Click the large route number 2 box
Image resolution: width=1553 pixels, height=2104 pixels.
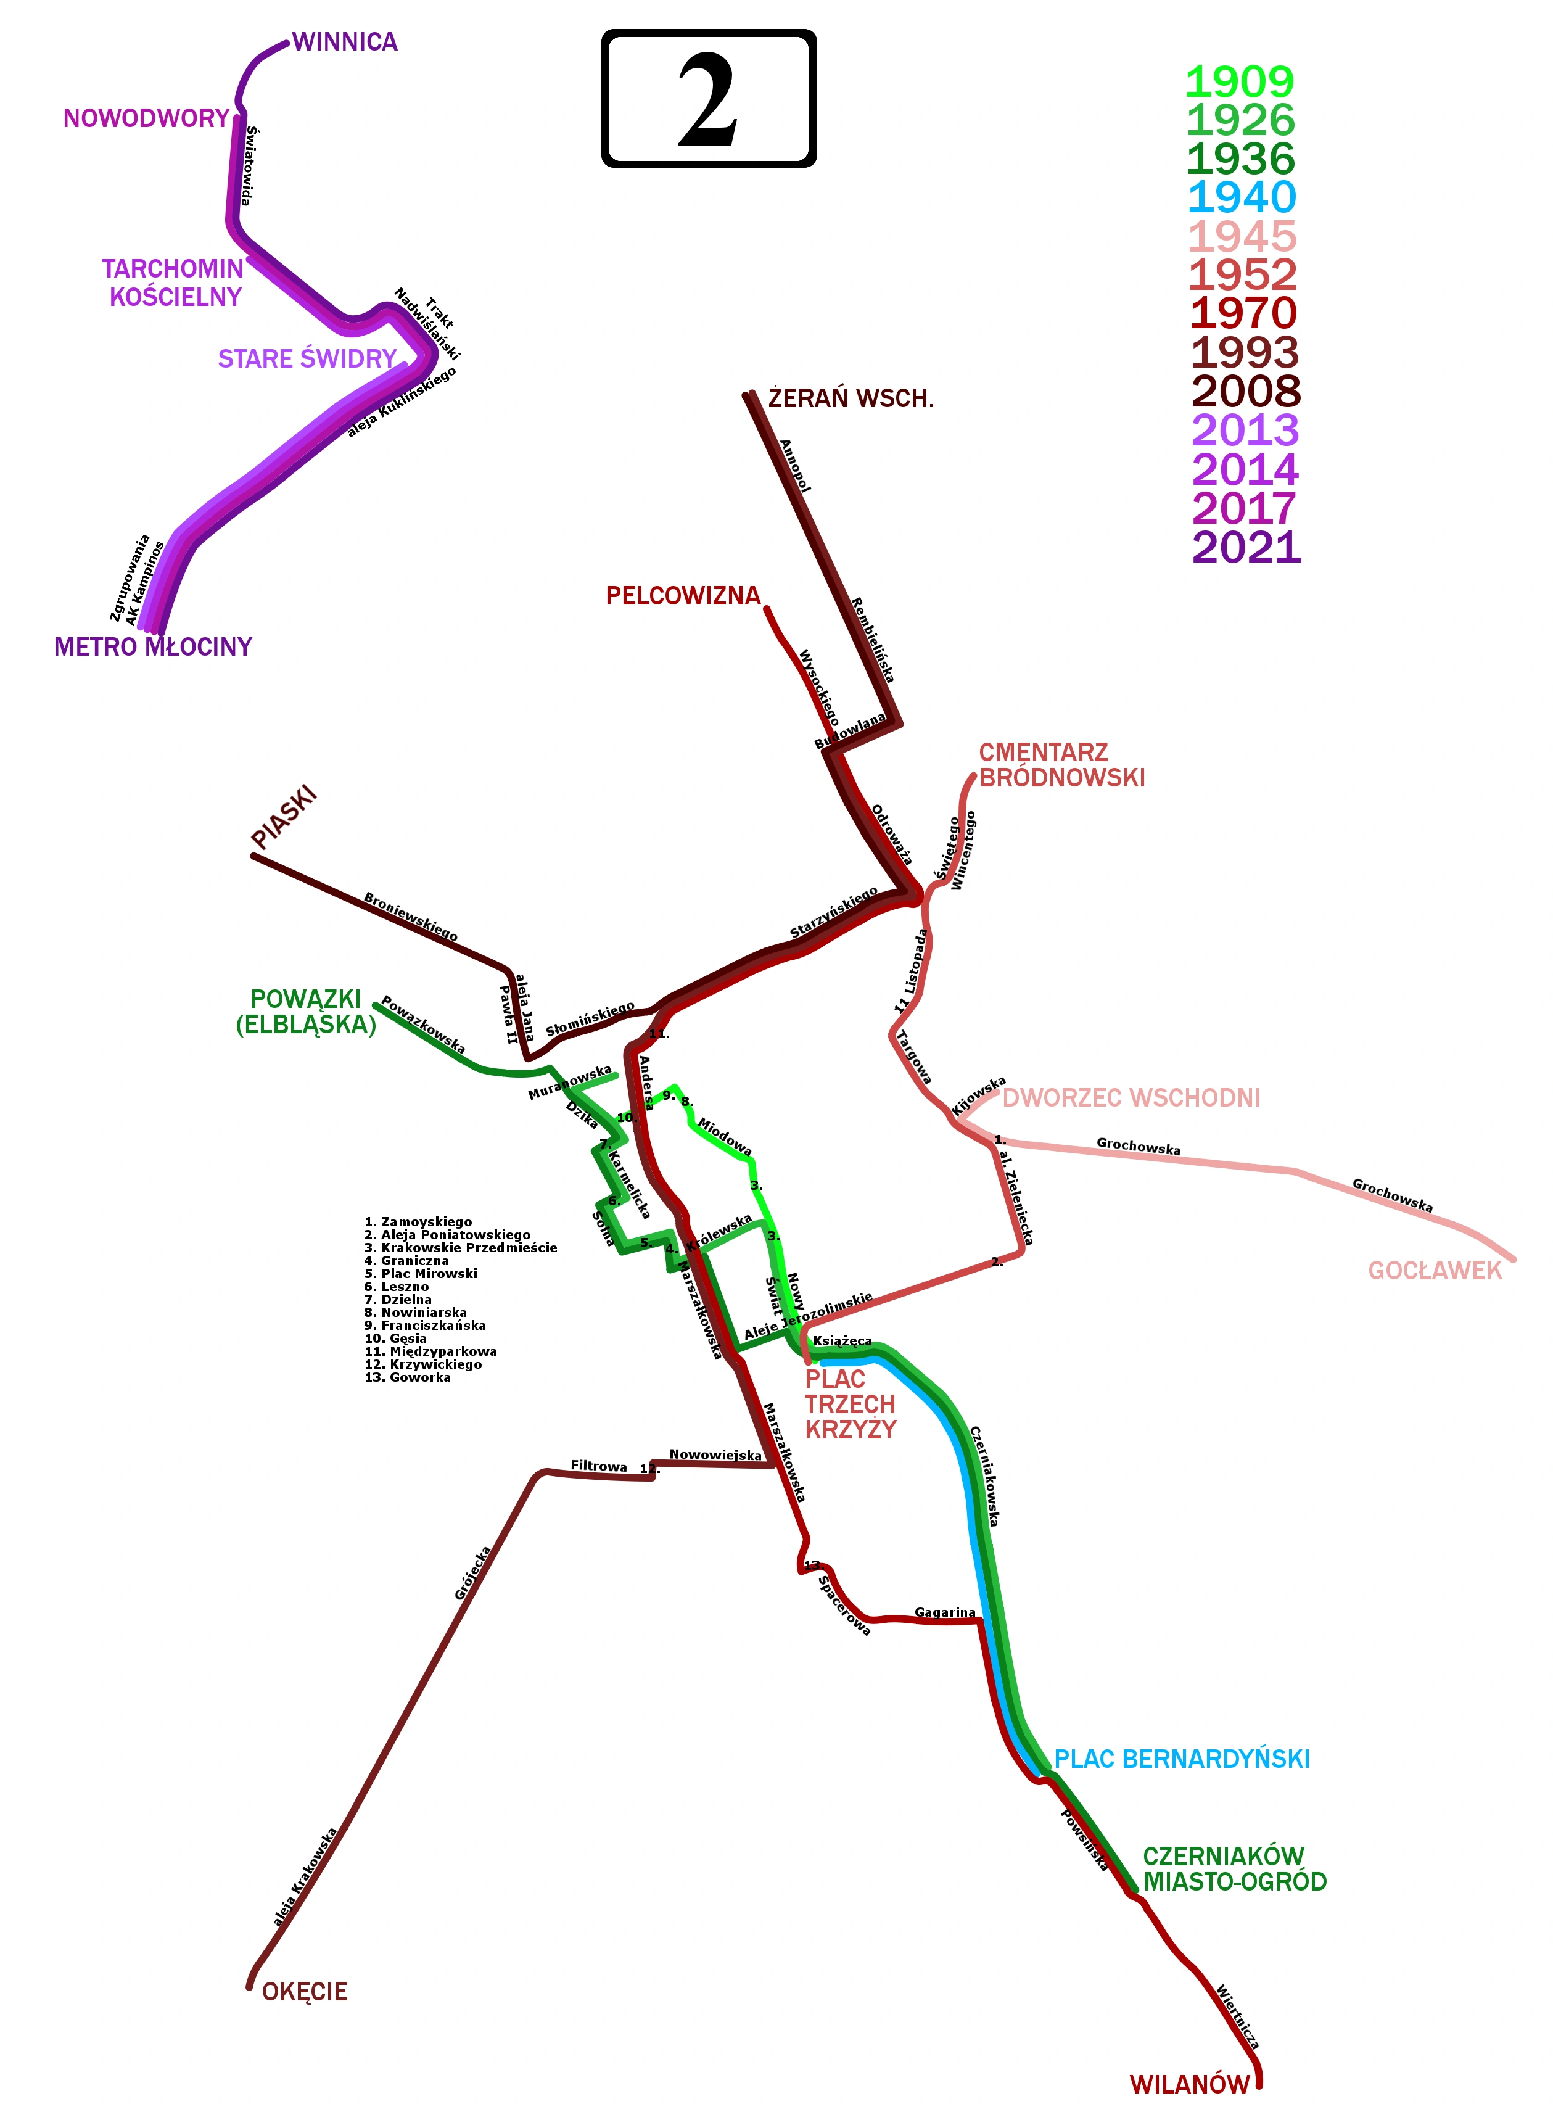click(x=708, y=99)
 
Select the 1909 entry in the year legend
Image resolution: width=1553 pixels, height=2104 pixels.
click(x=1239, y=83)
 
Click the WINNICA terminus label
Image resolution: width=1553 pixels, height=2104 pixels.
click(x=345, y=43)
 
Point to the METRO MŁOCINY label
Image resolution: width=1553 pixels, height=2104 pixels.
click(x=153, y=648)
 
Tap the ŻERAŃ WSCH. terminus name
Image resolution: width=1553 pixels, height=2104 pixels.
click(x=851, y=398)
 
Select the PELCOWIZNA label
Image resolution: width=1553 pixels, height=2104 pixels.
click(x=683, y=596)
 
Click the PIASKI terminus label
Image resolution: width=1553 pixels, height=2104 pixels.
click(x=284, y=819)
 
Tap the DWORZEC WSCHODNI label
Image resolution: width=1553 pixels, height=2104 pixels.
click(x=1131, y=1098)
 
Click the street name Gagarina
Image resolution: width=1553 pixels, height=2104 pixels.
click(x=945, y=1612)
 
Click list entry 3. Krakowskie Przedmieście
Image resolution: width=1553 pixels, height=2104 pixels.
click(x=461, y=1248)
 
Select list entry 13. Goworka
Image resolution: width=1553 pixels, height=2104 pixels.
click(x=407, y=1377)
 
